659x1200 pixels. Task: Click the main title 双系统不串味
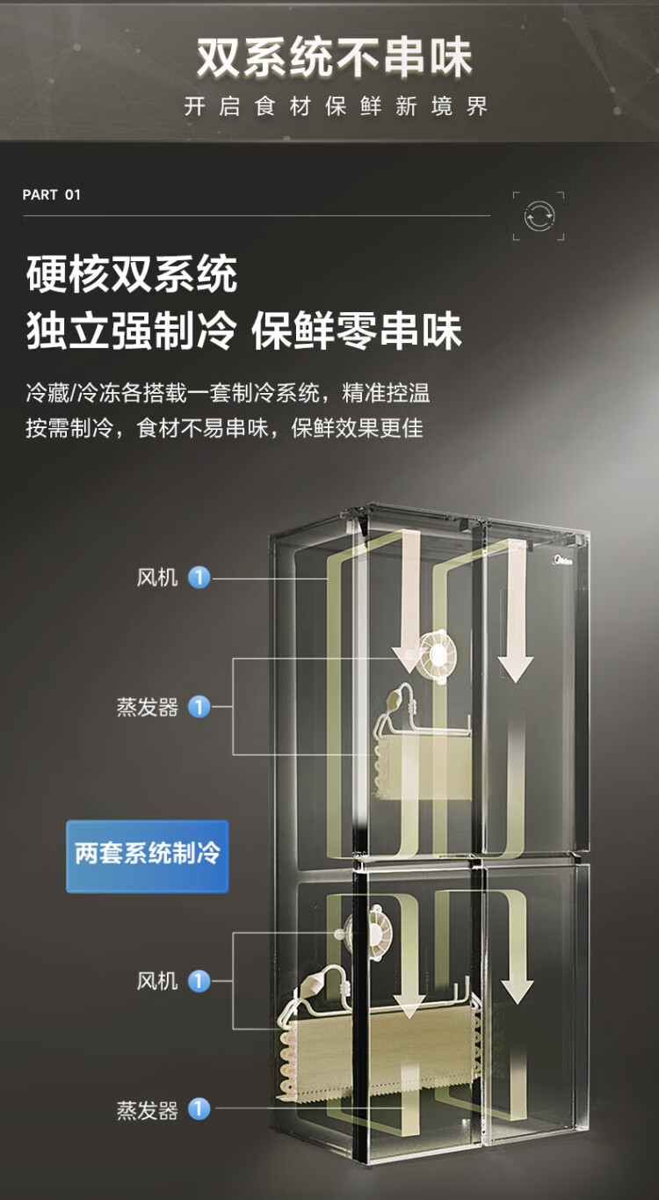334,57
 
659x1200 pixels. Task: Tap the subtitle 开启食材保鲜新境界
336,106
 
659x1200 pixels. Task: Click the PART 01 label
51,195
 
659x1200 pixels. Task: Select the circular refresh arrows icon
539,216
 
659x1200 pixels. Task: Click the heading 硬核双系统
132,273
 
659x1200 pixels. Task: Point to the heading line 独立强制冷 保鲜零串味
243,331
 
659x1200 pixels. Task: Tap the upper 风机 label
157,578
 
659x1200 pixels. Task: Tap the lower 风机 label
157,981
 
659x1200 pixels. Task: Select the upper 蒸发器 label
148,707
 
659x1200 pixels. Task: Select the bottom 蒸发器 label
148,1110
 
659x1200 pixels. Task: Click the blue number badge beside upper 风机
199,578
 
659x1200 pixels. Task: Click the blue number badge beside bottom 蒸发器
199,1110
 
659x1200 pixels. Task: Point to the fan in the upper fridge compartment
438,656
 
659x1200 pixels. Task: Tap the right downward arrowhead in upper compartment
516,668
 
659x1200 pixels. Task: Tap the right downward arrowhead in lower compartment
517,992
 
